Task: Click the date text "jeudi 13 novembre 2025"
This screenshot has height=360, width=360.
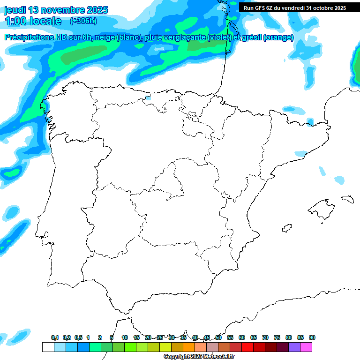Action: click(56, 10)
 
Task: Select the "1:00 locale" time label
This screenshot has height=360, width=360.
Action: click(33, 21)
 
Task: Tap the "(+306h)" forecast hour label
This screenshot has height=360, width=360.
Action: click(83, 21)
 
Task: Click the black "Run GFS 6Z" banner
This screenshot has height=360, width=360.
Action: click(294, 7)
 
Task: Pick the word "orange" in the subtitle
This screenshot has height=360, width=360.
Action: click(278, 38)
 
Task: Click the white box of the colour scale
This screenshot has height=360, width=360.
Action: click(48, 347)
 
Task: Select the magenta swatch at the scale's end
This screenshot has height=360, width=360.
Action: click(306, 347)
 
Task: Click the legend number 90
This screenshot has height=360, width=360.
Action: click(312, 337)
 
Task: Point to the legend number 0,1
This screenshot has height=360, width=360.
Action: click(55, 337)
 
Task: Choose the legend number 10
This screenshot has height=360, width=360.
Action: click(125, 337)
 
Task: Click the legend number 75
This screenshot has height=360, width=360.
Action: click(277, 337)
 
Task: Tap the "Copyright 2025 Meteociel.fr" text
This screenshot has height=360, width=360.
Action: click(199, 357)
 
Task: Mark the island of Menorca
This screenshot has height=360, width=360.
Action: click(347, 199)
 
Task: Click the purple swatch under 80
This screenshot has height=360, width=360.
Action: click(294, 347)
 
